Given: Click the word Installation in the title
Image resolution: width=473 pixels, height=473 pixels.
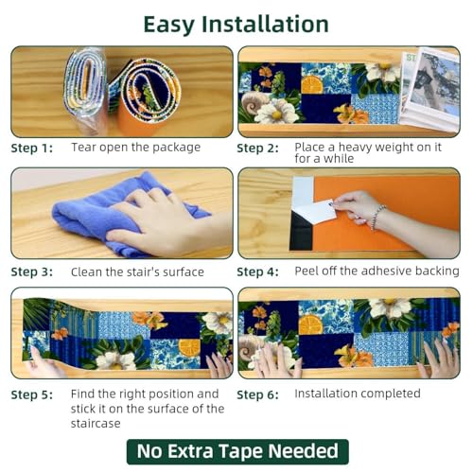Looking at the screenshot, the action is click(x=265, y=25).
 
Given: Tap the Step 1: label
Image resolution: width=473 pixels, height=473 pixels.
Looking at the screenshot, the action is click(x=32, y=149).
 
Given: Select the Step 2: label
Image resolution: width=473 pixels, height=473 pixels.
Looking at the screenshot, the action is click(x=257, y=149).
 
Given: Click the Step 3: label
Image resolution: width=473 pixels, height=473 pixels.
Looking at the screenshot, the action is click(x=32, y=272).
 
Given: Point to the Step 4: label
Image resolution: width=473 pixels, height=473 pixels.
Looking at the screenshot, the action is click(x=257, y=272).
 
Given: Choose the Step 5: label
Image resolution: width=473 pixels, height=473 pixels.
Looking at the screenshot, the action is click(x=32, y=394).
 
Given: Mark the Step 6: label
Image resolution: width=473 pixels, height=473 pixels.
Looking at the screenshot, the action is click(x=257, y=394).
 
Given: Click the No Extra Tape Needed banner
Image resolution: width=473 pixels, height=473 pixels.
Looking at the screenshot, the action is click(x=237, y=451).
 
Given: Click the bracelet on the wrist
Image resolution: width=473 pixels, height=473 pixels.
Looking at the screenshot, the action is click(x=377, y=217).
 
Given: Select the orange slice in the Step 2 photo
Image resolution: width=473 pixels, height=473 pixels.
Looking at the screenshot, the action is click(x=312, y=84).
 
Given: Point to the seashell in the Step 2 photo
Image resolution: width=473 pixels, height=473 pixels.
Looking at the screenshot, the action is click(x=254, y=102).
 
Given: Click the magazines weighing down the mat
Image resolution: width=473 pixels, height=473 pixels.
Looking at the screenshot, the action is click(x=429, y=89).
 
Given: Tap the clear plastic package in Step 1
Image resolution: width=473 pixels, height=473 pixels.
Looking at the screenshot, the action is click(x=85, y=90).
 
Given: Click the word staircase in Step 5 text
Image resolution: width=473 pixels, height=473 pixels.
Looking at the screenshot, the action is click(x=96, y=423).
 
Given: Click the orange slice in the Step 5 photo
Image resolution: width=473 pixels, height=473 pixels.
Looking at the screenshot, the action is click(x=189, y=347).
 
